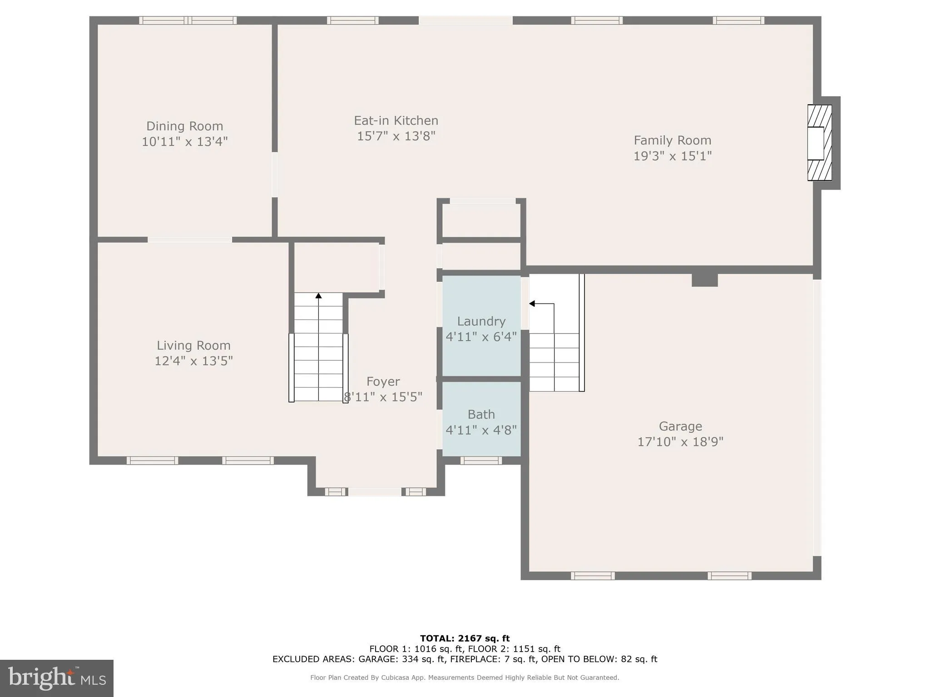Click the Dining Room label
[184, 126]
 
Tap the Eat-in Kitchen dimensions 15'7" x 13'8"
[396, 136]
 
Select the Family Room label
[672, 140]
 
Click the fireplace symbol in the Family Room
[819, 143]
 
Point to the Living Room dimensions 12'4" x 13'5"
[193, 361]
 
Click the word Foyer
[383, 382]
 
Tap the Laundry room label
[481, 321]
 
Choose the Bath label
[481, 414]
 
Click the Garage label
[680, 426]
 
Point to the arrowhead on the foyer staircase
[318, 296]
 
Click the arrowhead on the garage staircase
[532, 304]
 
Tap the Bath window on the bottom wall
[481, 461]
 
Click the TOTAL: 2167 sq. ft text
[465, 638]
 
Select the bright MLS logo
[57, 678]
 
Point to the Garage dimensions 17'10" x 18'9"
[680, 442]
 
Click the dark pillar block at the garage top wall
[704, 280]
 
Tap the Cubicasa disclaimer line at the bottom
[465, 677]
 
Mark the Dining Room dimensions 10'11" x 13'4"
[184, 142]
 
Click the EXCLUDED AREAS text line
[465, 659]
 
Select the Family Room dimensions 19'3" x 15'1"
[672, 156]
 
